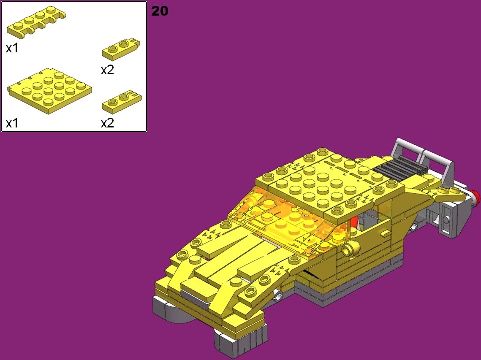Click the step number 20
coord(160,11)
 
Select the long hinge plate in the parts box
coord(36,23)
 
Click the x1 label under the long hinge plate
coord(12,49)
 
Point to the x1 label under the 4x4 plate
coord(12,123)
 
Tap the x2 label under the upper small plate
coord(107,70)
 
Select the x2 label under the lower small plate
coord(107,123)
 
